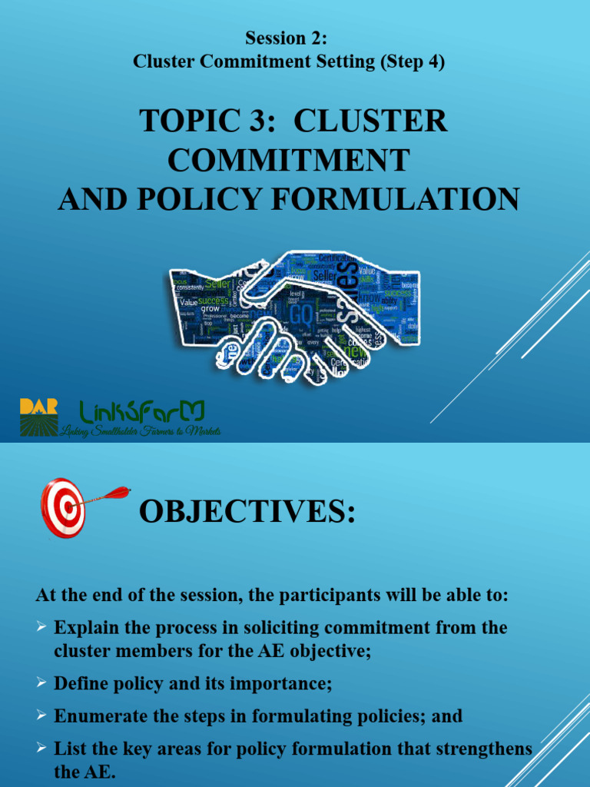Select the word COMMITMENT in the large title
click(x=289, y=160)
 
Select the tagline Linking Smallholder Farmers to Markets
click(x=141, y=431)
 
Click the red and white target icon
click(x=62, y=507)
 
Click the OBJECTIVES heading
click(x=247, y=511)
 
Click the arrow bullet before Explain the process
click(x=42, y=628)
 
